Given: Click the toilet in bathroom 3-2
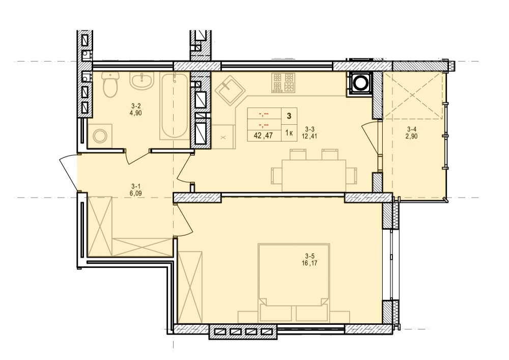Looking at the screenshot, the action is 110,85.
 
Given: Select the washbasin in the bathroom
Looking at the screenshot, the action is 141,81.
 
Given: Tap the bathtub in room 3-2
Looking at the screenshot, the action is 174,106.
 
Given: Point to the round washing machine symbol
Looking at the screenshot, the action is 99,135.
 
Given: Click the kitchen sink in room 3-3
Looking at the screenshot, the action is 228,88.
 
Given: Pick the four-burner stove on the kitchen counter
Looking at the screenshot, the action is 284,82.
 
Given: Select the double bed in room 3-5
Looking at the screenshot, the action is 294,283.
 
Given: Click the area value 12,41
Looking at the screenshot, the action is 309,136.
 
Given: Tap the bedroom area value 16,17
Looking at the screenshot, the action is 309,262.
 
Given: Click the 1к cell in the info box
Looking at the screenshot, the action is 289,133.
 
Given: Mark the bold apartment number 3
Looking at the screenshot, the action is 289,116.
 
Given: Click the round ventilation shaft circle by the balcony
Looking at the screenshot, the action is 360,84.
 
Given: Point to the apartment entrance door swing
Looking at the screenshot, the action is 69,173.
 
